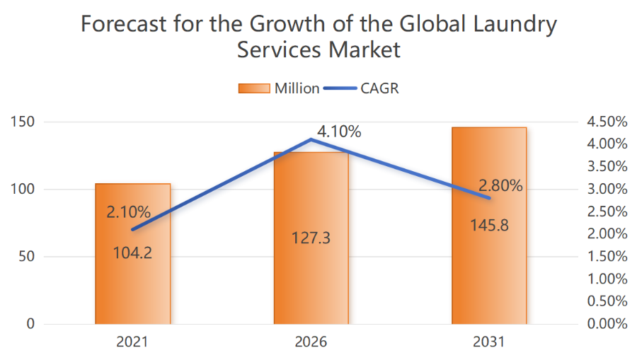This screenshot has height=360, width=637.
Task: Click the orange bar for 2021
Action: tap(133, 283)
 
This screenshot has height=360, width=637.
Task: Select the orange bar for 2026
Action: tap(311, 283)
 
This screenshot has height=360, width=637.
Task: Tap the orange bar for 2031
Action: tap(490, 283)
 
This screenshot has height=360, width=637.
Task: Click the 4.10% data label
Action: tap(339, 132)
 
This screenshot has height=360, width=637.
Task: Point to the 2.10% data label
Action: tap(128, 211)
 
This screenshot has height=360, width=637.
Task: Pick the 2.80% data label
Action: tap(500, 186)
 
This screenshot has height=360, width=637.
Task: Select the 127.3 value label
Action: tap(311, 237)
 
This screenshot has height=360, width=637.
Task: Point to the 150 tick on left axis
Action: tap(23, 122)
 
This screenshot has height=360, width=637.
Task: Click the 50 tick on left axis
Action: tap(26, 257)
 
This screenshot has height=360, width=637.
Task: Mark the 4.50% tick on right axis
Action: tap(607, 122)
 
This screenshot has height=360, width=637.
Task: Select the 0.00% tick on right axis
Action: tap(607, 324)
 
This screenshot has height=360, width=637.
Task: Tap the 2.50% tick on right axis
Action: tap(607, 211)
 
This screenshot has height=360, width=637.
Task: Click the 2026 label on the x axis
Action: tap(311, 343)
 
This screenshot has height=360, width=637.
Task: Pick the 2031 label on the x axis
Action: tap(490, 343)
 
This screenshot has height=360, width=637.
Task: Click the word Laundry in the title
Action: tap(512, 25)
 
